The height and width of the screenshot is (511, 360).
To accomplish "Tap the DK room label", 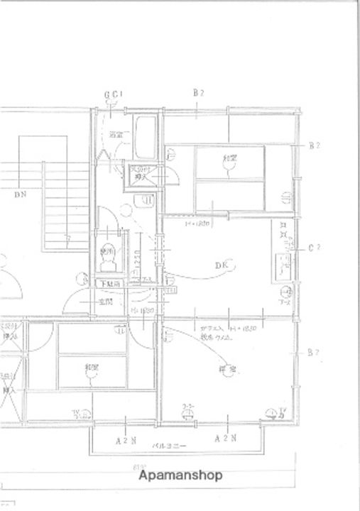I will click(222, 265).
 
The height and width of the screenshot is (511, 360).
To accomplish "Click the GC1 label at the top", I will click(113, 93).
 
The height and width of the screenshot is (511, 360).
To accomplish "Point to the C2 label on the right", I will click(316, 248).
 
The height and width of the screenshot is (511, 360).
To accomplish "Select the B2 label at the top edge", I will click(199, 93).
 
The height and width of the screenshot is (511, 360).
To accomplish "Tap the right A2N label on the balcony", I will click(226, 439).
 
